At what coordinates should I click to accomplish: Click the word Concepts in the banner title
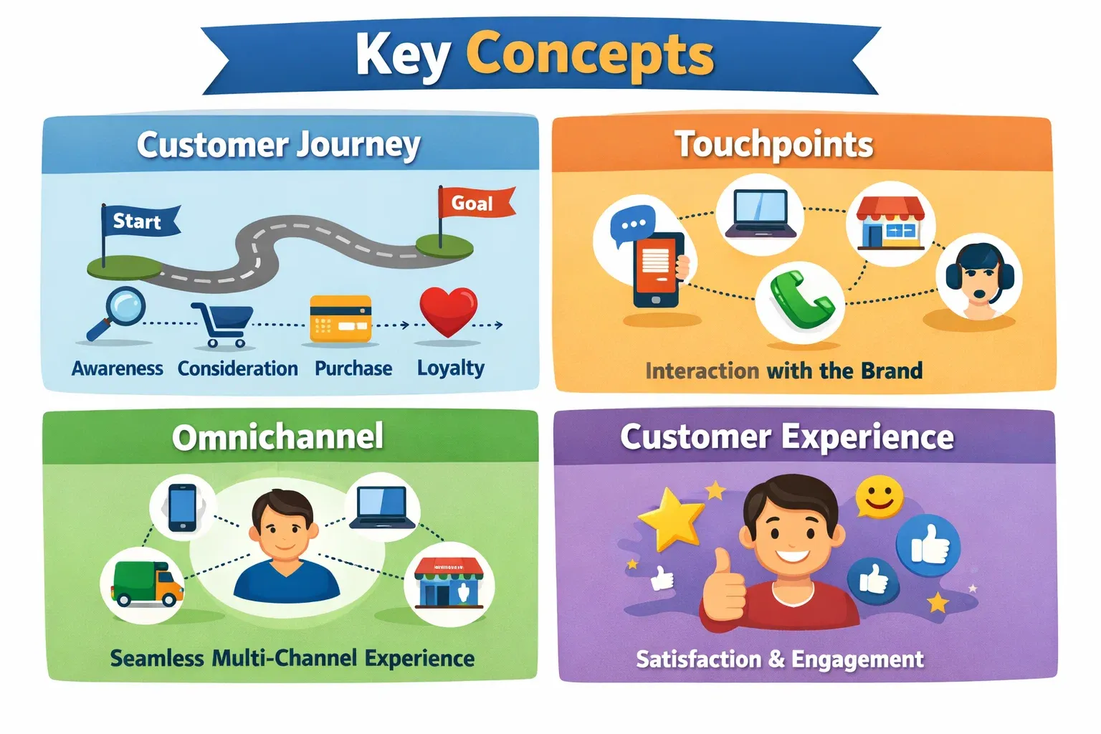pos(590,54)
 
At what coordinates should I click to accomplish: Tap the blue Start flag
pos(138,221)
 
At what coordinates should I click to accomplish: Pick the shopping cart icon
pos(223,323)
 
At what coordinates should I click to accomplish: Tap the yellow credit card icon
pos(340,318)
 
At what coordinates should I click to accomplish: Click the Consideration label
pos(237,368)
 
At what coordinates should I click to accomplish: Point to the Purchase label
pos(353,368)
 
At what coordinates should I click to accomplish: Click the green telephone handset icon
pos(801,299)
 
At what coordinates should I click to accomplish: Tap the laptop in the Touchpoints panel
pos(761,214)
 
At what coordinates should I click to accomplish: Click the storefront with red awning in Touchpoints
pos(890,223)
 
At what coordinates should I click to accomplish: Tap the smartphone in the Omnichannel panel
pos(182,507)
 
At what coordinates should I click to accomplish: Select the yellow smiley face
pos(879,497)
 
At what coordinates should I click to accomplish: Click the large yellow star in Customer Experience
pos(671,518)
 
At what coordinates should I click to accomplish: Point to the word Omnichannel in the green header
pos(277,437)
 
